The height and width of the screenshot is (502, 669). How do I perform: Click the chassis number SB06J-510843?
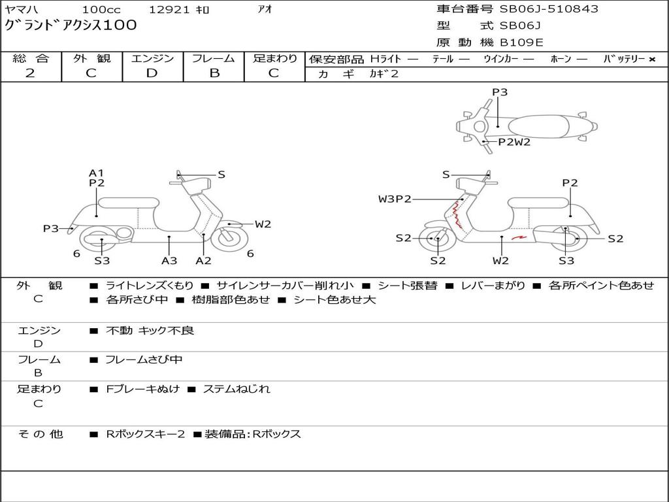pyautogui.click(x=549, y=8)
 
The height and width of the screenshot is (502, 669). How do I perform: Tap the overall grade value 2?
pyautogui.click(x=30, y=73)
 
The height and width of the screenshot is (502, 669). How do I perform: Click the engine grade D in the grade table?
pyautogui.click(x=152, y=73)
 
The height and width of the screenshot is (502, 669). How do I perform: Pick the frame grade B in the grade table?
pyautogui.click(x=214, y=73)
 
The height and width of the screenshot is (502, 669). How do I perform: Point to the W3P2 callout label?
pyautogui.click(x=395, y=199)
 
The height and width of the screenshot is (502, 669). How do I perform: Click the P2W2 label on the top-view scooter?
pyautogui.click(x=514, y=142)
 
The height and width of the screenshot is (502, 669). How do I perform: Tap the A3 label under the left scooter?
pyautogui.click(x=169, y=260)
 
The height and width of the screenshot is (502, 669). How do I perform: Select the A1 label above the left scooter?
pyautogui.click(x=97, y=173)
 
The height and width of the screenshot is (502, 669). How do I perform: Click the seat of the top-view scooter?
pyautogui.click(x=538, y=127)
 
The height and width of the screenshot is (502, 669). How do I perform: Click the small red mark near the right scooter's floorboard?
pyautogui.click(x=519, y=237)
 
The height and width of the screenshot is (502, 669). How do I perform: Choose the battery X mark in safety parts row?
pyautogui.click(x=652, y=59)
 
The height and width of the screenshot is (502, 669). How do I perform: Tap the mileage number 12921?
pyautogui.click(x=169, y=9)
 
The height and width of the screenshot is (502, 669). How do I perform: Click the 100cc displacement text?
pyautogui.click(x=101, y=9)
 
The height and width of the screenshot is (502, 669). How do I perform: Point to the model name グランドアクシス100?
pyautogui.click(x=71, y=25)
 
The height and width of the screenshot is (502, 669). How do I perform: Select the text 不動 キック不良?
pyautogui.click(x=150, y=330)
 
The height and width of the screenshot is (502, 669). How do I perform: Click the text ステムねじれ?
pyautogui.click(x=237, y=389)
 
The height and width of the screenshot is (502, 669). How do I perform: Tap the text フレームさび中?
pyautogui.click(x=144, y=360)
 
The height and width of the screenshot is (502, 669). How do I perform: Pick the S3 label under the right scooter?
pyautogui.click(x=566, y=260)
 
